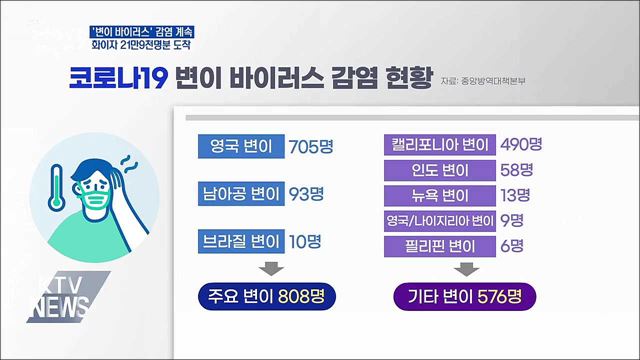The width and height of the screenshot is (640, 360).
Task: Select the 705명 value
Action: point(309,147)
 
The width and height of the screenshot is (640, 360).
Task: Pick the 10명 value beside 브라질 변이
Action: point(303,239)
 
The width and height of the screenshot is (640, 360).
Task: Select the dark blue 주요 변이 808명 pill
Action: point(267,297)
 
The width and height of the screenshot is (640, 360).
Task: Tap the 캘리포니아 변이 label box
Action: point(440,142)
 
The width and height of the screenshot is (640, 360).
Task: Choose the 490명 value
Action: point(524,142)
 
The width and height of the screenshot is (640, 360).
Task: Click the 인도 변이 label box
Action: point(440,168)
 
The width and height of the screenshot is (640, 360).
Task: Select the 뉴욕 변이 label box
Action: point(440,194)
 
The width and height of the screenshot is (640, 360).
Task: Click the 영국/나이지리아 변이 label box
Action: point(440,220)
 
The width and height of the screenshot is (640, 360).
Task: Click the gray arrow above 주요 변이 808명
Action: point(268,268)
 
